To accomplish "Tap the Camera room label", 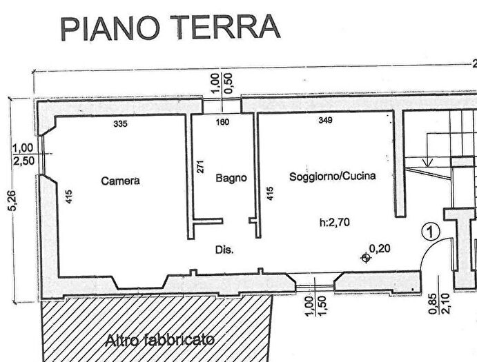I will [x=120, y=181].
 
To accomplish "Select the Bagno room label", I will [x=231, y=178].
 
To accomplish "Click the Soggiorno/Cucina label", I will [x=333, y=176].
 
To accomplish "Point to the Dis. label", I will [x=225, y=250].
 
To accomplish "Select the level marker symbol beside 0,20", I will [x=366, y=258].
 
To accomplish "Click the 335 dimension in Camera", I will [x=120, y=124].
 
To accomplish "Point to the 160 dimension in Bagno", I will [x=222, y=123].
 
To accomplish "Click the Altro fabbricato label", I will [x=159, y=339].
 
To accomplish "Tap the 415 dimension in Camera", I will [x=69, y=197].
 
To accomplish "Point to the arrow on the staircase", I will [x=428, y=161].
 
